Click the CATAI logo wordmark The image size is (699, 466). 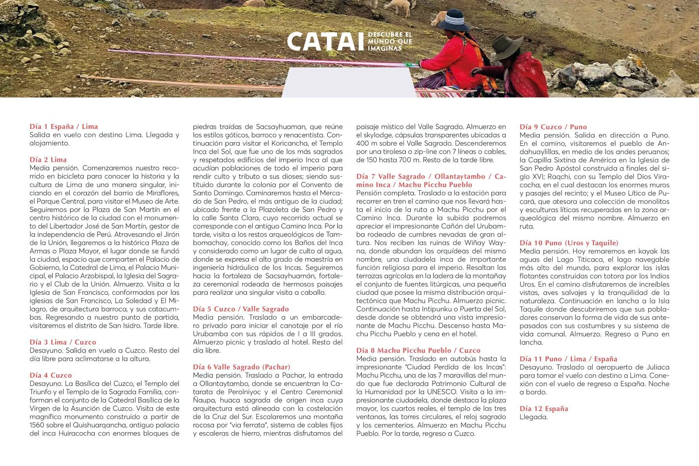coord(325,42)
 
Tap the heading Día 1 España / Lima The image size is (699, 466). coord(64,127)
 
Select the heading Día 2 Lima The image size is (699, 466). coord(48,160)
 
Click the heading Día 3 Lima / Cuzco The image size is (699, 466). coord(63,342)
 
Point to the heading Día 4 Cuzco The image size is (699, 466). coord(51,376)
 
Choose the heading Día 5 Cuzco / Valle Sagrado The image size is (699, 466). coord(241,309)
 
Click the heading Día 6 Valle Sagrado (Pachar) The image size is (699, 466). coord(242,367)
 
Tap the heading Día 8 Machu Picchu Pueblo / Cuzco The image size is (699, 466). coord(418,350)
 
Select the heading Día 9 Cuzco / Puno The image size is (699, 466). coord(553,127)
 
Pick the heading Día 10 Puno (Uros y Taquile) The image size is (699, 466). coord(569,243)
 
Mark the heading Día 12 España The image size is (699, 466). coord(544,409)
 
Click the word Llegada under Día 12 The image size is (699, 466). coord(534,417)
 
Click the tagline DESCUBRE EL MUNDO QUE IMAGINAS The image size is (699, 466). coord(389,42)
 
